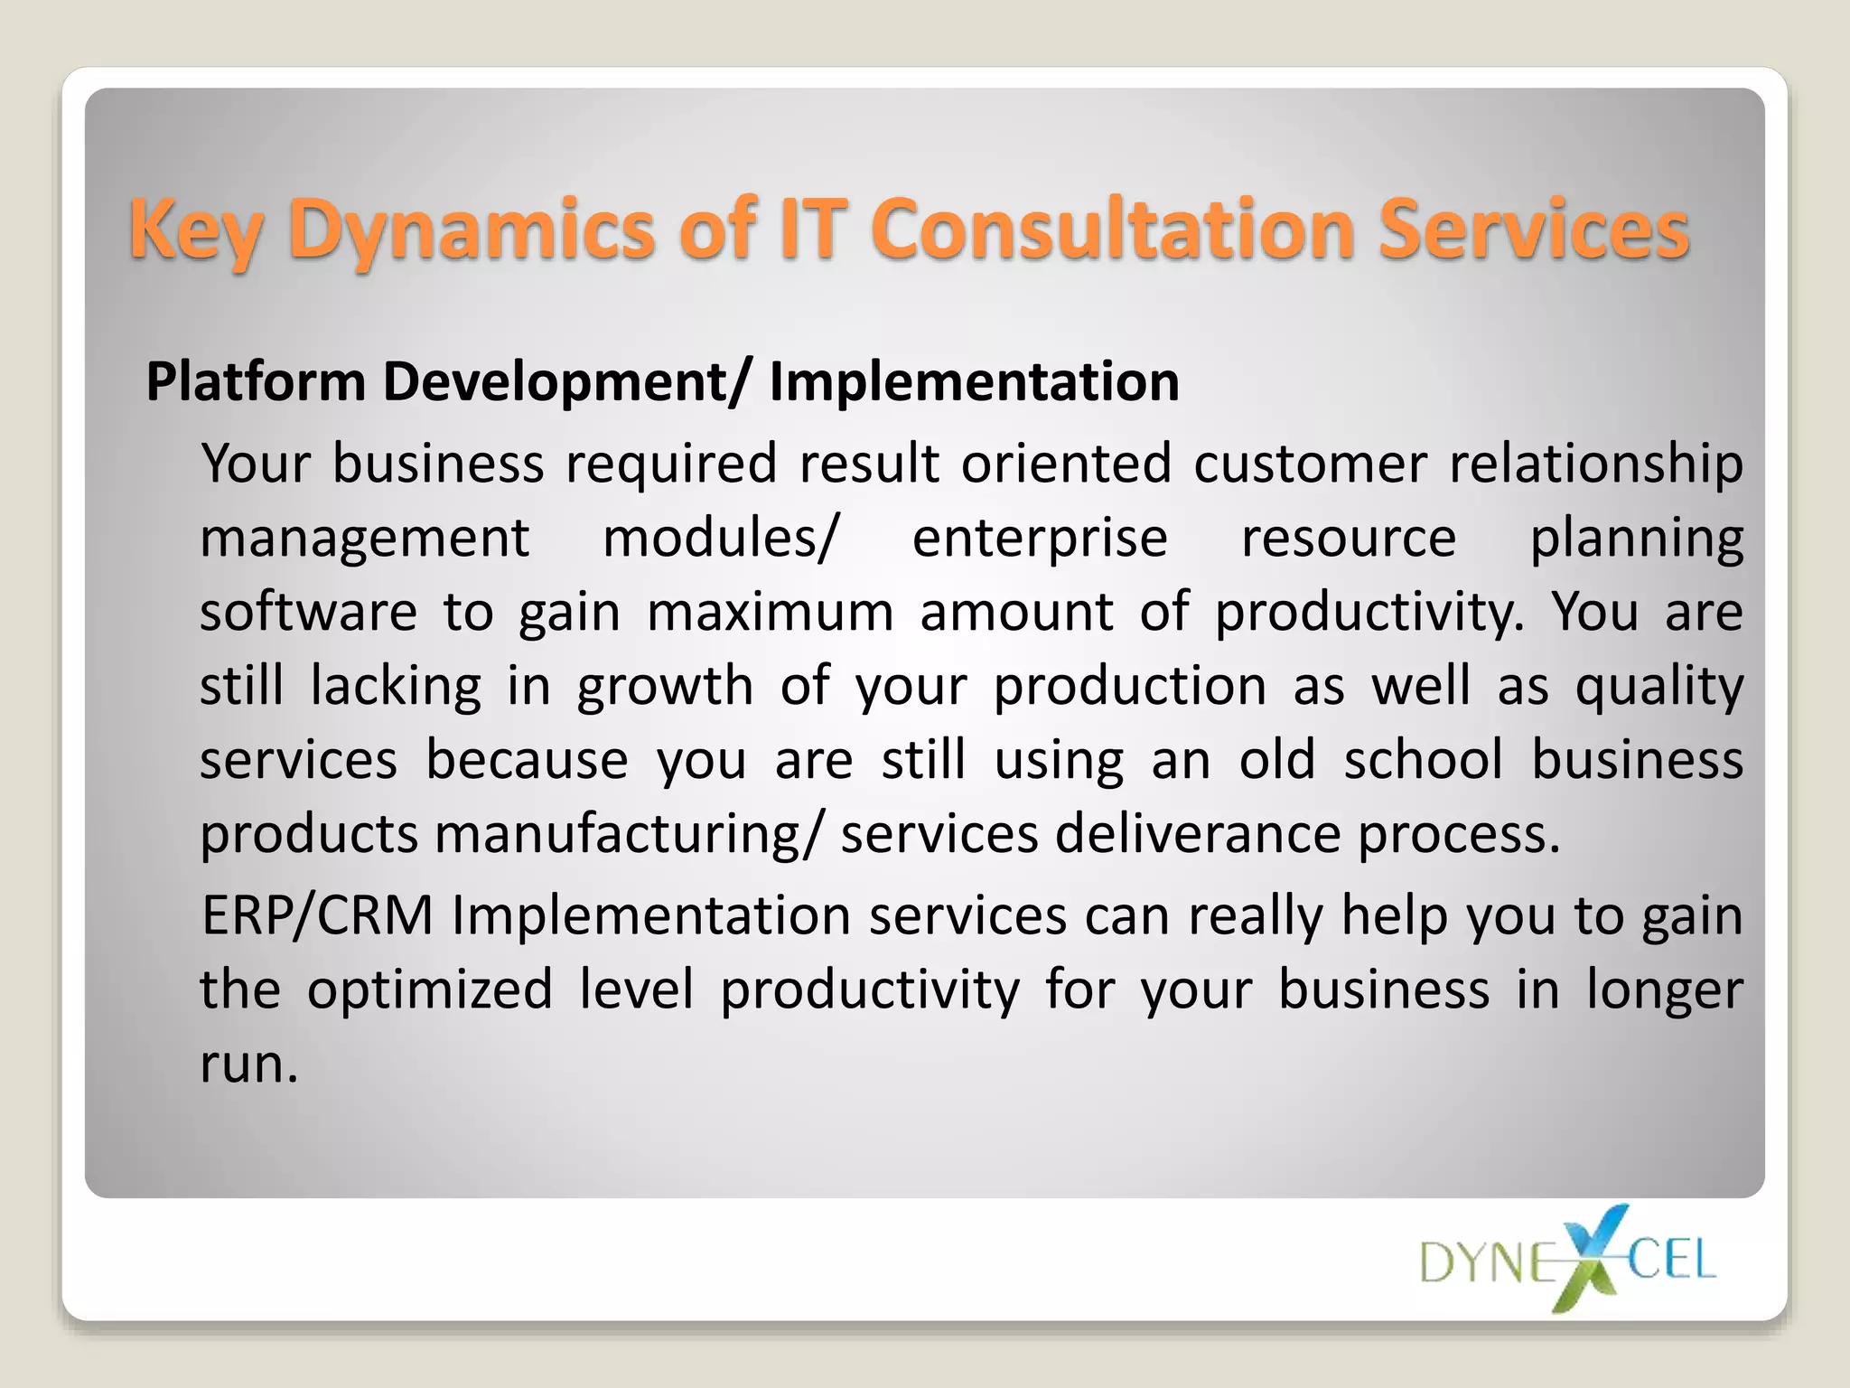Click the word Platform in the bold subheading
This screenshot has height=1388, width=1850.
click(x=256, y=381)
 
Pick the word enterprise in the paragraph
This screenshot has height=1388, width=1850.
click(x=1040, y=539)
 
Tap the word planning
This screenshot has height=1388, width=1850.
click(x=1636, y=540)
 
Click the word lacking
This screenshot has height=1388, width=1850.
click(x=396, y=687)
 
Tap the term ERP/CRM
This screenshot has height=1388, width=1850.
click(x=317, y=916)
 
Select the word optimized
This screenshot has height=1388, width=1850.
click(x=430, y=990)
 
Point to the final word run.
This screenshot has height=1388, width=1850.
click(x=248, y=1064)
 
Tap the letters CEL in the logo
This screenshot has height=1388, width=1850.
click(x=1671, y=1260)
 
